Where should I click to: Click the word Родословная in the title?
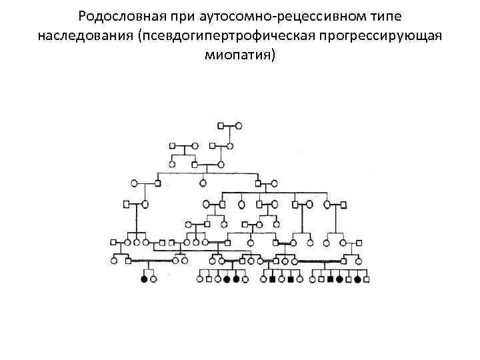(116, 15)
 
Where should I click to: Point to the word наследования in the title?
(85, 35)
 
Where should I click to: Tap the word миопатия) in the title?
(240, 55)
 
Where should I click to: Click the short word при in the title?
(171, 15)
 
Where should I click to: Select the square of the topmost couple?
(221, 125)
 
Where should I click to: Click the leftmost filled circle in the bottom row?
(144, 280)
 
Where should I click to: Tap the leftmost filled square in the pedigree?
(272, 280)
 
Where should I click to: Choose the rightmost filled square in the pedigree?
(331, 280)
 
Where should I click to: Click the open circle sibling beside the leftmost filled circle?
(154, 280)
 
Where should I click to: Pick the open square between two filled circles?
(349, 280)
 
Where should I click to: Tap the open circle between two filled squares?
(281, 280)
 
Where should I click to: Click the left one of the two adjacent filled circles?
(227, 280)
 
